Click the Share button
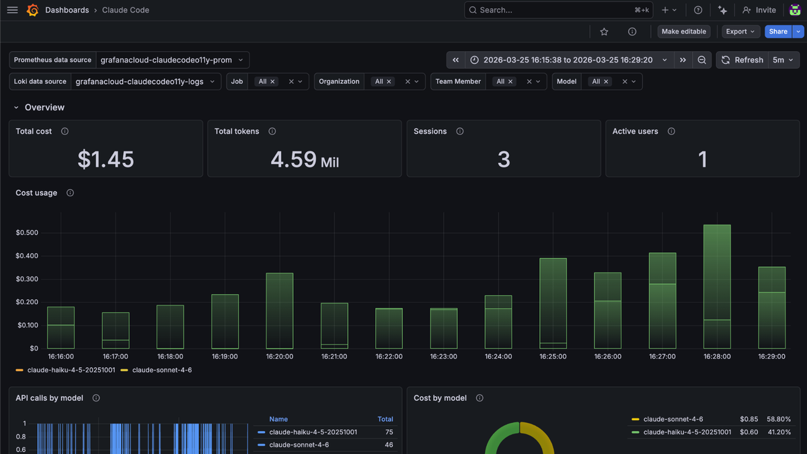(x=778, y=32)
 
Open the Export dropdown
(x=740, y=32)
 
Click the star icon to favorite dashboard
(x=604, y=32)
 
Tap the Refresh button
(x=742, y=60)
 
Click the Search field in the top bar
(x=558, y=10)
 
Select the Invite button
(x=759, y=10)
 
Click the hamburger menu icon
(x=12, y=10)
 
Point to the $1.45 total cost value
(x=106, y=159)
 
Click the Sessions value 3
(x=504, y=159)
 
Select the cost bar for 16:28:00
(x=717, y=287)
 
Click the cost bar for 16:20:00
(x=280, y=311)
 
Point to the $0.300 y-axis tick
(x=27, y=279)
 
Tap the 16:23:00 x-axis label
(x=443, y=356)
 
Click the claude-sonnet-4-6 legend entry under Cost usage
(x=162, y=370)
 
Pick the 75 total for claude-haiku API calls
(x=389, y=432)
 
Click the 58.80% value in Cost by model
(x=779, y=419)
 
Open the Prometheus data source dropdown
(x=172, y=60)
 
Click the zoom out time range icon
(x=701, y=60)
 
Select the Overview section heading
(x=44, y=108)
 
